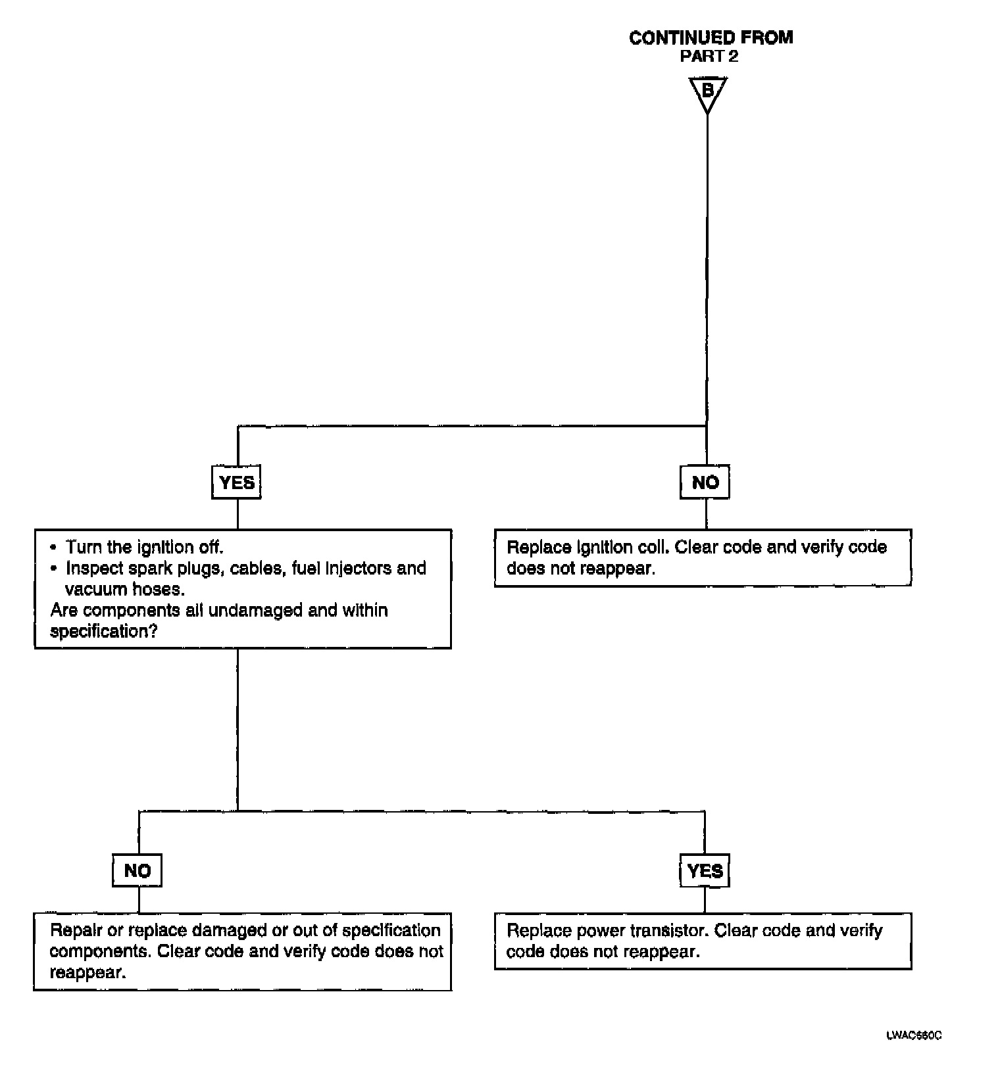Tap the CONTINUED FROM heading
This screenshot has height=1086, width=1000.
tap(711, 38)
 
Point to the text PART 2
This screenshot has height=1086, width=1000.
tap(709, 57)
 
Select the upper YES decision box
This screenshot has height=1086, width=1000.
tap(236, 483)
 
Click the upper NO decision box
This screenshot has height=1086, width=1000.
tap(705, 483)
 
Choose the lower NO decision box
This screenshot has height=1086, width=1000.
tap(137, 870)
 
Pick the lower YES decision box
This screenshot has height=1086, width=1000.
tap(705, 870)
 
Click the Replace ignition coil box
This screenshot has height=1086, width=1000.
tap(703, 557)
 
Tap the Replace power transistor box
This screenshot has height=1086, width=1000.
tap(703, 941)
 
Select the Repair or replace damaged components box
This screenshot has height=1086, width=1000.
tap(242, 951)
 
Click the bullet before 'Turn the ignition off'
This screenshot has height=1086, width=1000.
tap(53, 548)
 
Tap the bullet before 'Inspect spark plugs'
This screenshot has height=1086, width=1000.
tap(53, 569)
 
